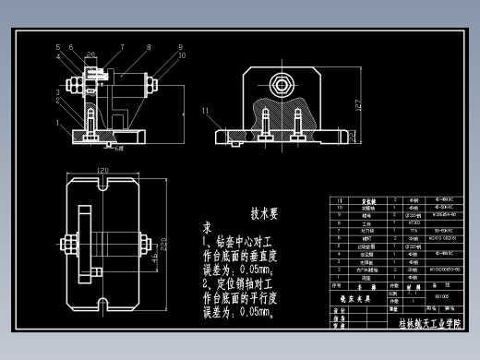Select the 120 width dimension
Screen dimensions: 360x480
point(102,170)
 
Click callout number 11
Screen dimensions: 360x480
point(205,111)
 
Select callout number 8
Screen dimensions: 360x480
point(149,46)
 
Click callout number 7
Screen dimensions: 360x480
point(121,46)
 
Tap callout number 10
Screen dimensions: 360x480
point(182,55)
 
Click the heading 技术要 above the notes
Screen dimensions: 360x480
point(264,212)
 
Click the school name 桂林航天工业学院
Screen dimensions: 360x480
point(431,324)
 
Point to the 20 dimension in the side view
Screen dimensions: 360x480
point(90,54)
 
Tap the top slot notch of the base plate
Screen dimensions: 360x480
point(102,185)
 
